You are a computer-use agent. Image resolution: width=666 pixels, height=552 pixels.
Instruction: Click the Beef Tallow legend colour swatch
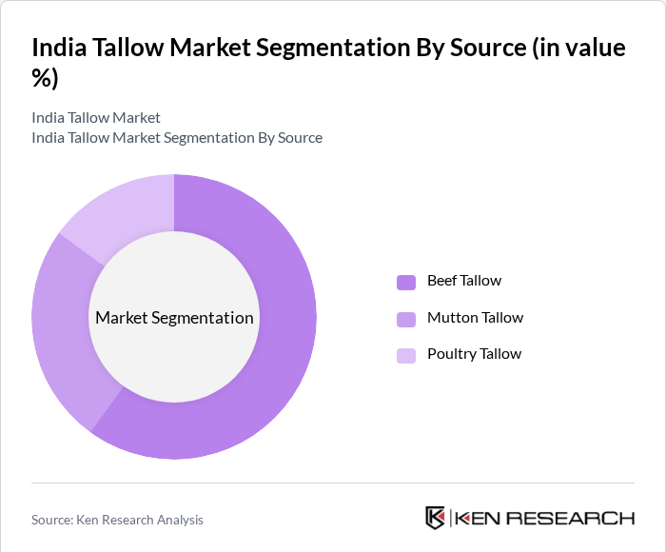click(406, 282)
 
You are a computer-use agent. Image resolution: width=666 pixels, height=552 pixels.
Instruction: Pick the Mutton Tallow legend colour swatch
click(406, 319)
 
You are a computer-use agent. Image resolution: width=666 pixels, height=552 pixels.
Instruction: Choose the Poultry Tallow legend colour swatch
click(406, 355)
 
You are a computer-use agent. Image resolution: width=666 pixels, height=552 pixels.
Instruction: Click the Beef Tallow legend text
click(464, 281)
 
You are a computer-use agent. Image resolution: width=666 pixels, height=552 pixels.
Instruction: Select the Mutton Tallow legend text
click(475, 318)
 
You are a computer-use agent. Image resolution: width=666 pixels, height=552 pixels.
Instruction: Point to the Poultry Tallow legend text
click(474, 354)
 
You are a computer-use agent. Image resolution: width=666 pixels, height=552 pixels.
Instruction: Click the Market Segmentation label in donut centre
click(174, 318)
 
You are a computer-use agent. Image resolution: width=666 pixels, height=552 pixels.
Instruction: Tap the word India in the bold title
click(59, 49)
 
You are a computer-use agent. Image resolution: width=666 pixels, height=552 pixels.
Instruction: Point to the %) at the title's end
click(45, 79)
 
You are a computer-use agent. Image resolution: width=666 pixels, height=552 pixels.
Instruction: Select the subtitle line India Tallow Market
click(96, 118)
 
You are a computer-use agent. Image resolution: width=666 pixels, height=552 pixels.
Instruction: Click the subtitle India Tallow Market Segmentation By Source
click(177, 138)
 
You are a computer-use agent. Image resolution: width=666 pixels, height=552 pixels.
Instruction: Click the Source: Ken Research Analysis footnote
click(117, 520)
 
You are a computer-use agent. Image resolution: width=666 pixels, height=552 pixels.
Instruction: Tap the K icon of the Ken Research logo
click(435, 518)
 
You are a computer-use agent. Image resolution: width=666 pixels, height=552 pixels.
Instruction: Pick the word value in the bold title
click(596, 49)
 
